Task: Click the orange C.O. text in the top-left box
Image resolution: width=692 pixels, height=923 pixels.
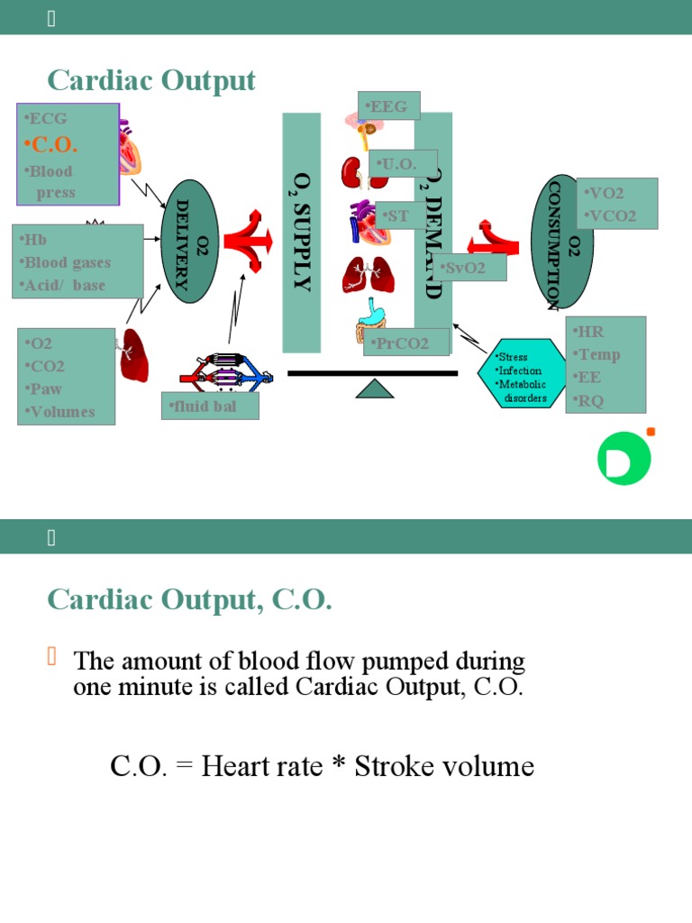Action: pos(52,144)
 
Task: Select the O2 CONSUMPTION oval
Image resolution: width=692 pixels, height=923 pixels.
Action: pos(562,242)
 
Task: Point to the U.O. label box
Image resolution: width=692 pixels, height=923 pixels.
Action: pos(403,164)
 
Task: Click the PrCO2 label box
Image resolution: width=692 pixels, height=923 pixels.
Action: pos(406,343)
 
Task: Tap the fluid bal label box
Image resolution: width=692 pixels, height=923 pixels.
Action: pos(210,406)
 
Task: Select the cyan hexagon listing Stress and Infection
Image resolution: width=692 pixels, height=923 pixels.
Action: pos(522,372)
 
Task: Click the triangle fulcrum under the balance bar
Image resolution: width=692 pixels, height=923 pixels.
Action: pos(375,388)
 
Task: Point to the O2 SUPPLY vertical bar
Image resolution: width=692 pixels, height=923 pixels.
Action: pos(302,233)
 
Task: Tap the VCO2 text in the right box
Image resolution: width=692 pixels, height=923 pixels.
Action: pos(611,216)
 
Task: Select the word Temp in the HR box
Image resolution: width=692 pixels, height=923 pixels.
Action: pos(600,354)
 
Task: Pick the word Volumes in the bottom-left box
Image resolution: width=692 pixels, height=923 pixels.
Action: pos(61,412)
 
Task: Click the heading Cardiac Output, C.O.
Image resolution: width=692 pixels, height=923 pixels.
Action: pos(189,599)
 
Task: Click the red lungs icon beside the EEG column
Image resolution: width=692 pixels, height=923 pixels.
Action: pos(368,275)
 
